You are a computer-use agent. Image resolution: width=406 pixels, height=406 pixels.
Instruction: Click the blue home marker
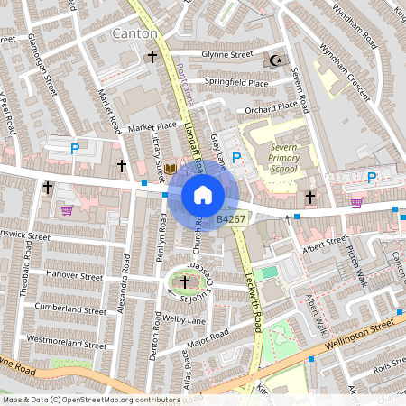tap(203, 194)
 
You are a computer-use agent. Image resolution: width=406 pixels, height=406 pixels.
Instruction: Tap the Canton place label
tap(135, 33)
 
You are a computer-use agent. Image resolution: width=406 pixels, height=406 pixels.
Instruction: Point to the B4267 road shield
tap(232, 218)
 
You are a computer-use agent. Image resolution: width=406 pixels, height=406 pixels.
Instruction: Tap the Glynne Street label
tap(227, 54)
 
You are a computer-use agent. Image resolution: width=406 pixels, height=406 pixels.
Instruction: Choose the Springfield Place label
tap(236, 83)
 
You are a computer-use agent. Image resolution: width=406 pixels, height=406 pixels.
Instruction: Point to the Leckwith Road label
tap(248, 294)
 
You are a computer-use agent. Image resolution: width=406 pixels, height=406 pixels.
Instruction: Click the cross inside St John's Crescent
tap(185, 282)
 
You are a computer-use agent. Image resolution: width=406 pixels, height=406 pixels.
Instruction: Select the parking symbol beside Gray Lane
tap(237, 158)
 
